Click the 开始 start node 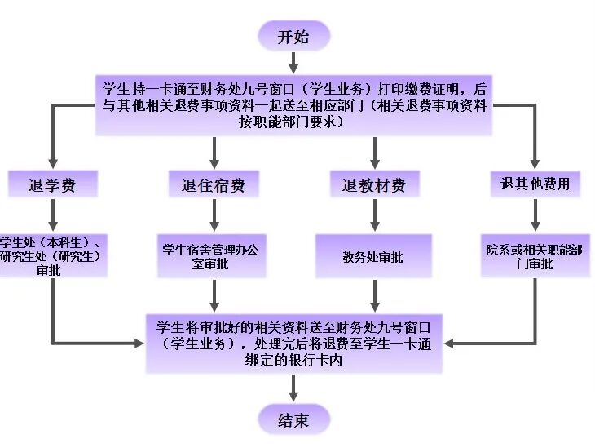[294, 36]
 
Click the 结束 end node [294, 420]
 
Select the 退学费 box [53, 185]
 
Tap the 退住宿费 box [214, 185]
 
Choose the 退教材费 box [374, 185]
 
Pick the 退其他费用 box [535, 184]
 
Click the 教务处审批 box [373, 257]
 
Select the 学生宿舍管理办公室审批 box [214, 257]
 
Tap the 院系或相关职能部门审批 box [534, 256]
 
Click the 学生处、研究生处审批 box [51, 256]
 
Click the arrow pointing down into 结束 [294, 389]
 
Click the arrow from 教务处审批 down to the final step [374, 295]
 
